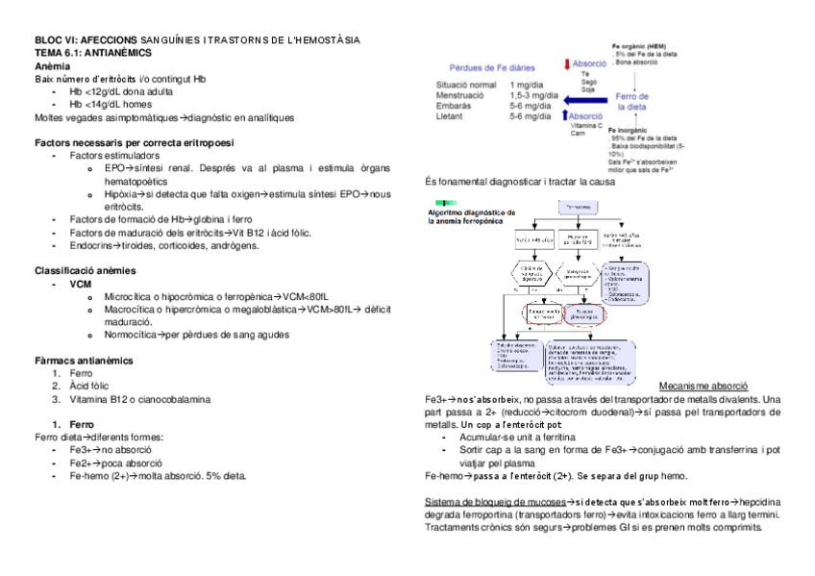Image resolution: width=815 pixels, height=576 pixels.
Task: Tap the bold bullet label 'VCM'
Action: click(81, 285)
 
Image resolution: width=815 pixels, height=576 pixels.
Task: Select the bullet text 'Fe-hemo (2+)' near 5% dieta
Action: click(101, 475)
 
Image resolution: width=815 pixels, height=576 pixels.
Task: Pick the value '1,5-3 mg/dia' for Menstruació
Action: click(533, 95)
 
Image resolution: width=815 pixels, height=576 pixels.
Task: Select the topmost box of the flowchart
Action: click(579, 206)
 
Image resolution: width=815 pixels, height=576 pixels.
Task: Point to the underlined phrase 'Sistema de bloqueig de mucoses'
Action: click(493, 502)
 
